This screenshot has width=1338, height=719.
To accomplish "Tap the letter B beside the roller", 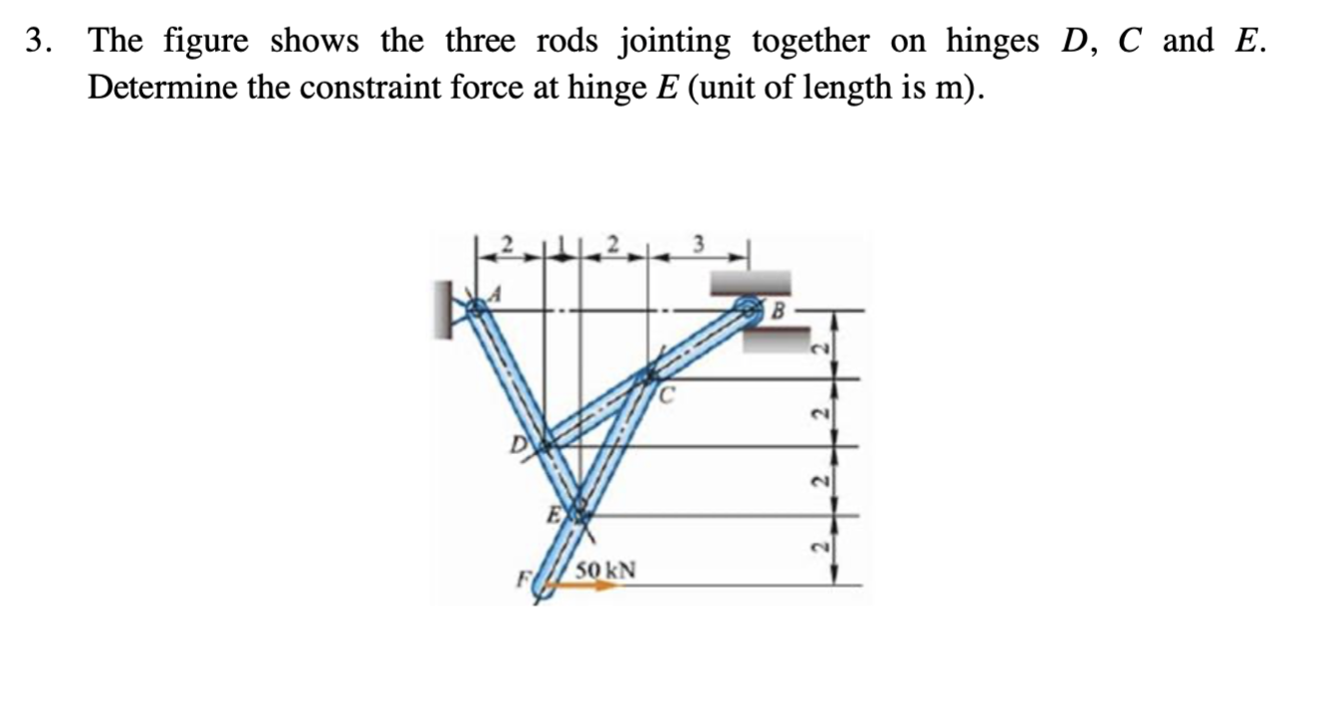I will pyautogui.click(x=780, y=311).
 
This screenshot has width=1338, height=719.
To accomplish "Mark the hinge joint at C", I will pyautogui.click(x=650, y=376).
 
